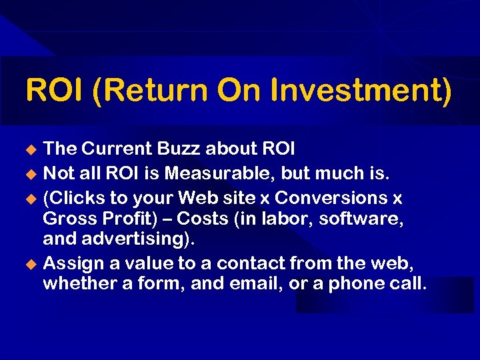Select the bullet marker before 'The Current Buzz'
click(x=29, y=147)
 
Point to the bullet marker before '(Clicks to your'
click(x=29, y=199)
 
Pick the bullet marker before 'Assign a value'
click(x=29, y=263)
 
